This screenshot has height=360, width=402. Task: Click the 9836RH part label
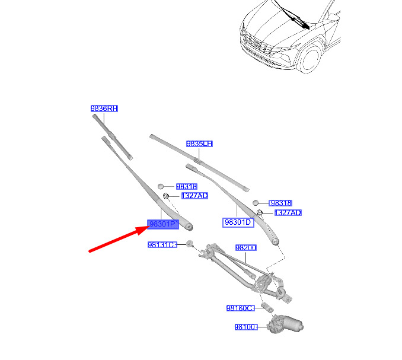tap(104, 109)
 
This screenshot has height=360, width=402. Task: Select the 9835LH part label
tap(199, 144)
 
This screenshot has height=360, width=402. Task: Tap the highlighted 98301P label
tap(163, 224)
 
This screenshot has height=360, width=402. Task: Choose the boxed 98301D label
tap(238, 222)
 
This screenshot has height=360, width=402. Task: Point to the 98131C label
tap(162, 244)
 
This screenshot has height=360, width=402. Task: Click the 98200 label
tap(246, 248)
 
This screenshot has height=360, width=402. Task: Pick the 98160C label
tap(241, 308)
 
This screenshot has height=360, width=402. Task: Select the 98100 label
tap(246, 327)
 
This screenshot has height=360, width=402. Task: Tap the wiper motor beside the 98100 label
tap(285, 324)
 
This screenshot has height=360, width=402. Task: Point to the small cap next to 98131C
tap(189, 243)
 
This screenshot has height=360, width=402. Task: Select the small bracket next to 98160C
tap(267, 307)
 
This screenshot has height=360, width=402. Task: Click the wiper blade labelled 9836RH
tap(113, 137)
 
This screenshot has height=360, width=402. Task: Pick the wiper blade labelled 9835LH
tap(199, 163)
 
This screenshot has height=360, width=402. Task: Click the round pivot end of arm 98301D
tap(275, 241)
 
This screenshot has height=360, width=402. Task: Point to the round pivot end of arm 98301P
tap(189, 227)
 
